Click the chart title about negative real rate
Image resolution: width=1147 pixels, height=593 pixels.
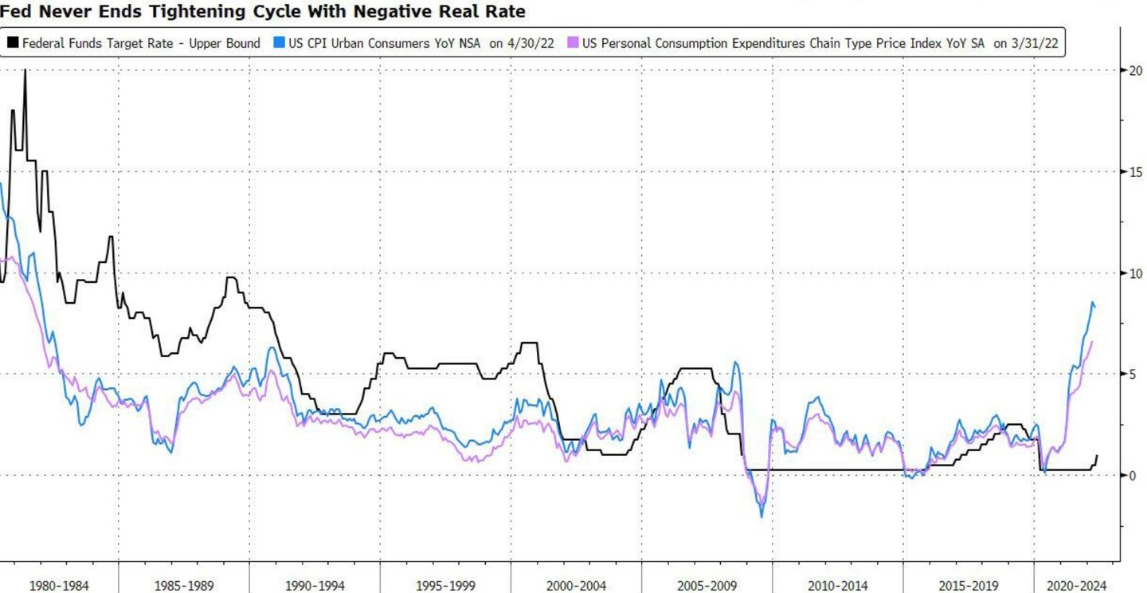(263, 13)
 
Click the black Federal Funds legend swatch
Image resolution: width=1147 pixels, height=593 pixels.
(14, 43)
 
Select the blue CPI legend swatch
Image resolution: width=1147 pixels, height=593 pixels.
(278, 43)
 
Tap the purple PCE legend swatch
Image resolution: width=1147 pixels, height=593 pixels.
(573, 43)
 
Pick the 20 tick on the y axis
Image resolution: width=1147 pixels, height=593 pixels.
(1136, 71)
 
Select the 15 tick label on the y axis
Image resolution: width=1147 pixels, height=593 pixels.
(1136, 172)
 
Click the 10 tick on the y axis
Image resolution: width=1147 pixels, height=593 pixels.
(1136, 273)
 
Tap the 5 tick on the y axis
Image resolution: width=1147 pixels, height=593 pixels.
(1133, 375)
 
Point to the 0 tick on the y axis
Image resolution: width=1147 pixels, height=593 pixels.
(1133, 476)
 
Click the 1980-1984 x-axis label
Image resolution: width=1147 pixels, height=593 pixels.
(59, 586)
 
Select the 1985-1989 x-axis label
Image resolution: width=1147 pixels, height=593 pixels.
(184, 586)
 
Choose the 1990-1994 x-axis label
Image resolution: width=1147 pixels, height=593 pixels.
(315, 586)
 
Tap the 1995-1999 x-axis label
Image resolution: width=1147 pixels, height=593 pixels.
(445, 586)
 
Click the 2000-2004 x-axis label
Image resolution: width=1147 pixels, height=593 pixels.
(576, 586)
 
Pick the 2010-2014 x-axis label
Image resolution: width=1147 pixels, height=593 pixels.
(837, 586)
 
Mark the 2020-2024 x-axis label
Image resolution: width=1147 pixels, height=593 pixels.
(1076, 586)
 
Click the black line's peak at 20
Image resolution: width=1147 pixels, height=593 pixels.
(25, 71)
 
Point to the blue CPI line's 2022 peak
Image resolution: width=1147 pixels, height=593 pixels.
(1092, 302)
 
